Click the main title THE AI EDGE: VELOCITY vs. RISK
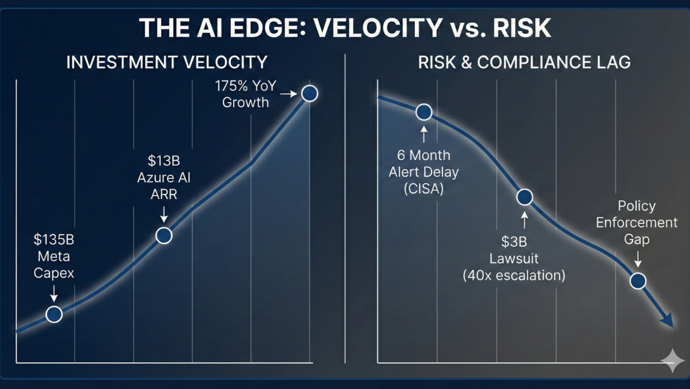point(345,28)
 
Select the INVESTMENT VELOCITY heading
point(167,62)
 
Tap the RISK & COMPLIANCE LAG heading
point(524,62)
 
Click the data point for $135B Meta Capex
point(53,314)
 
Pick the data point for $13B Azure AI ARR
point(163,236)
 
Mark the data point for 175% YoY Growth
point(309,93)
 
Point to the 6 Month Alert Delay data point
point(423,112)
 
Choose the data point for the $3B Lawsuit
point(524,197)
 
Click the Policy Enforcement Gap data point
point(638,281)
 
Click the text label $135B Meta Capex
point(53,257)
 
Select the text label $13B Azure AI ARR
point(163,177)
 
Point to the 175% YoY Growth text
point(245,94)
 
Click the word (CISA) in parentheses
point(423,189)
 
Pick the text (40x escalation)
point(514,275)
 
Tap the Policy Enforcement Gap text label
point(637,222)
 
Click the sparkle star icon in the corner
point(672,360)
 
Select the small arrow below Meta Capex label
point(53,293)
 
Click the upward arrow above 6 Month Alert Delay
point(423,133)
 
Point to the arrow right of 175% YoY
point(289,94)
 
